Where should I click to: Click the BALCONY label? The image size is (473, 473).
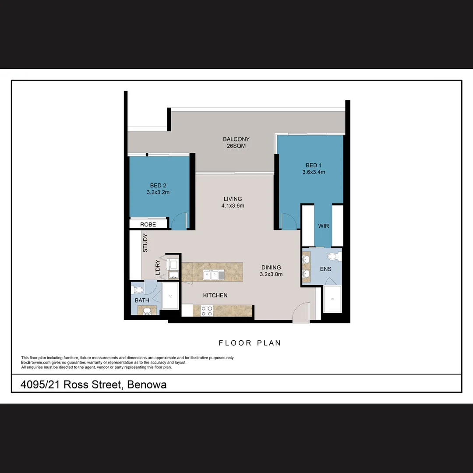point(236,139)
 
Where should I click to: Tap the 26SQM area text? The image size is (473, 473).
point(236,146)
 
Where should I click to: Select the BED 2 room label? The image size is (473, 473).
point(158,185)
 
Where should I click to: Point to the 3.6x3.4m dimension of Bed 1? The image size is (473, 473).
point(314,172)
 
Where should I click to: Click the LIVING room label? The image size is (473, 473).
point(233,199)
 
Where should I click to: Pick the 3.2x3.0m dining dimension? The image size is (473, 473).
point(271,275)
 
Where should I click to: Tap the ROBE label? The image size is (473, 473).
point(148,225)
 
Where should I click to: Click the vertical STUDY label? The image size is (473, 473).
point(145,243)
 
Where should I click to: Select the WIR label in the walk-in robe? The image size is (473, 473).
point(324,226)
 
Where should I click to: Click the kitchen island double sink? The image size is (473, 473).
point(214,275)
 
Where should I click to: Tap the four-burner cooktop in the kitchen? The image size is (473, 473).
point(207,311)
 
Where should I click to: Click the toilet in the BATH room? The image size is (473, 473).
point(138,289)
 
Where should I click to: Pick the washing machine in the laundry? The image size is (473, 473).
point(173,265)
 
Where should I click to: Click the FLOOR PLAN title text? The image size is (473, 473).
point(250,343)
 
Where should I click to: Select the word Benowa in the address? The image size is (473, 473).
point(147,385)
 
